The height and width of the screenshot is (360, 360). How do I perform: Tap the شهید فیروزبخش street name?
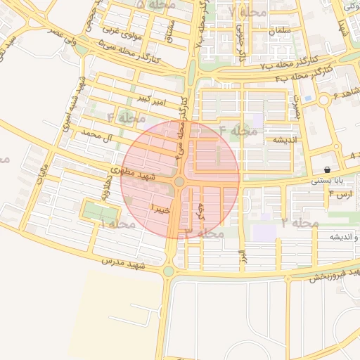point(334,274)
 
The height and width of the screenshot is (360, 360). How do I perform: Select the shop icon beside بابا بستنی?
point(328,170)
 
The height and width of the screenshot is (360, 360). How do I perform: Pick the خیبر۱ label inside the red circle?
point(160,209)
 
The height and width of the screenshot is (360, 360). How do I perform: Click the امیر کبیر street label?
point(153,100)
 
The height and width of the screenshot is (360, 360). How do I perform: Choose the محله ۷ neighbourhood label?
point(247,13)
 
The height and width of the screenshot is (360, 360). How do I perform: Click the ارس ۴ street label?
point(340,195)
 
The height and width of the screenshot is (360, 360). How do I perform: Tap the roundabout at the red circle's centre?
point(179,182)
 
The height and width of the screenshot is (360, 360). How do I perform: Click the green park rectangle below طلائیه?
point(96,210)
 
